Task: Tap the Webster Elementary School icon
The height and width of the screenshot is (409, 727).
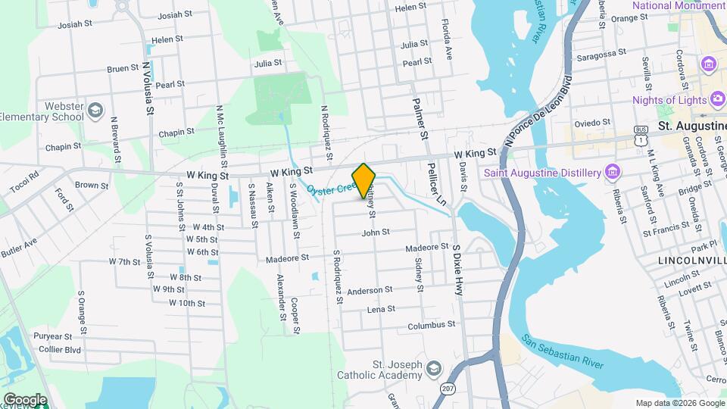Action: click(95, 111)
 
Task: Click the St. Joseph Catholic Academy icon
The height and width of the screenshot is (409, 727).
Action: click(433, 369)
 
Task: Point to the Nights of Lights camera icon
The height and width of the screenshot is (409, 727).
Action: click(716, 100)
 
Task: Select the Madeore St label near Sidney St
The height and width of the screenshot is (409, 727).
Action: click(428, 248)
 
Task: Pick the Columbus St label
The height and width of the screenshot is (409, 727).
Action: click(430, 324)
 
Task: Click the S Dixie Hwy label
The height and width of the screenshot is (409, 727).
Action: click(457, 268)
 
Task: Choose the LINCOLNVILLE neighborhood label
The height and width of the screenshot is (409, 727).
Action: click(689, 261)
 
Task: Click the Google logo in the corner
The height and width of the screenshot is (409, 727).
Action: click(24, 399)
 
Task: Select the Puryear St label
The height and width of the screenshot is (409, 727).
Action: click(51, 336)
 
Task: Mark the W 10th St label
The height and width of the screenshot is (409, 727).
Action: click(186, 303)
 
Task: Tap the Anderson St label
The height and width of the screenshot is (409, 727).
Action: click(370, 290)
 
